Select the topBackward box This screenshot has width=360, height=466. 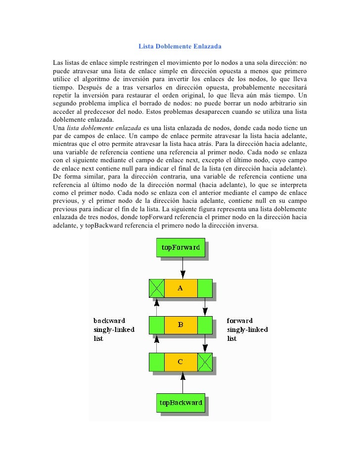point(180,403)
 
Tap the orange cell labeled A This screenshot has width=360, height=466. point(180,288)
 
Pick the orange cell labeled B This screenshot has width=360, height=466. point(180,325)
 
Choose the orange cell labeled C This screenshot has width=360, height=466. point(180,362)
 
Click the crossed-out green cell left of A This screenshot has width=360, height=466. point(156,288)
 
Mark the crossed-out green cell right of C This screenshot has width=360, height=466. point(205,362)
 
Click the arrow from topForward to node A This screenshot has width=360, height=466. point(183,268)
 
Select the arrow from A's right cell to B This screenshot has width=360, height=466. point(205,307)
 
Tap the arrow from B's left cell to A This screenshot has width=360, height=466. point(156,307)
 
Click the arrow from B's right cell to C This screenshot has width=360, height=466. point(205,343)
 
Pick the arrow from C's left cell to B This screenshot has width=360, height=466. point(156,343)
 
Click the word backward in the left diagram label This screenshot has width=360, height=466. point(109,321)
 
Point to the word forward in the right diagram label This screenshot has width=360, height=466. point(240,321)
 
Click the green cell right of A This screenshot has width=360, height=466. point(205,288)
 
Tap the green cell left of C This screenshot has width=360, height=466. point(156,362)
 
